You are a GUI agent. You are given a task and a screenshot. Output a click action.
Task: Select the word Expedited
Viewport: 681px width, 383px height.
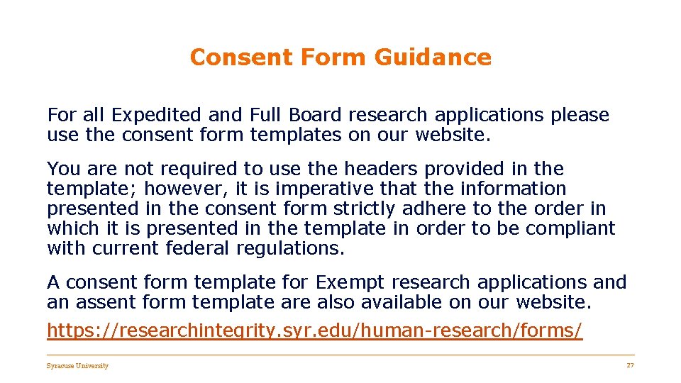coord(157,115)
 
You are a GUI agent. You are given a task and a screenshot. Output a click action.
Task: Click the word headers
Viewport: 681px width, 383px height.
coord(379,169)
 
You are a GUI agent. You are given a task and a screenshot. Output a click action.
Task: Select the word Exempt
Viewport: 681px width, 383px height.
coord(350,282)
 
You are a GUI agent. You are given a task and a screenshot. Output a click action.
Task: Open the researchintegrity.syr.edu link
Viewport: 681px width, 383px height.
coord(314,331)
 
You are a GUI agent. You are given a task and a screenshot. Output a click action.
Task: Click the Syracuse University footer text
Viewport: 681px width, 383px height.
coord(77,366)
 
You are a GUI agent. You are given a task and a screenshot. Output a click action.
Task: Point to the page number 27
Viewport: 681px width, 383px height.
coord(629,365)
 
